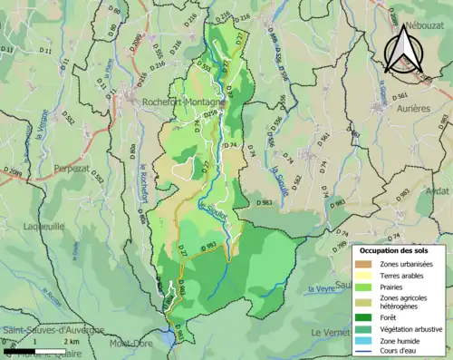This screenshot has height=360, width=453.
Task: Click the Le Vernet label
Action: coord(330,333)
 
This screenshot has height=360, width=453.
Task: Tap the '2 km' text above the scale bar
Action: coord(70,342)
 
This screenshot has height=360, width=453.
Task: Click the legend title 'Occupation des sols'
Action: coord(398,250)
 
